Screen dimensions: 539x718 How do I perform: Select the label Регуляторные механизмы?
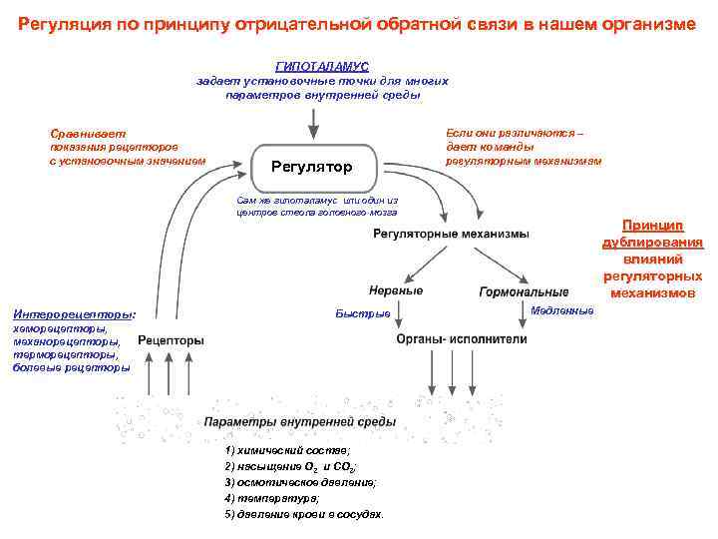452,234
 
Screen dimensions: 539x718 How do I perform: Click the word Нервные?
396,290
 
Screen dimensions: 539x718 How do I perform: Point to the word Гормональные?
525,291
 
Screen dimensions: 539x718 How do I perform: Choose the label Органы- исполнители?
462,338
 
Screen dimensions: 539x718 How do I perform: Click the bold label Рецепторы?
171,340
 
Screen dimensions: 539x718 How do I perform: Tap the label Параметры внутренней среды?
300,422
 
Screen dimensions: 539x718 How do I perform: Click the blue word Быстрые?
363,314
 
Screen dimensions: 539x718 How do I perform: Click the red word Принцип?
652,226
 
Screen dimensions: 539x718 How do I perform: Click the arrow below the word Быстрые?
400,317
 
